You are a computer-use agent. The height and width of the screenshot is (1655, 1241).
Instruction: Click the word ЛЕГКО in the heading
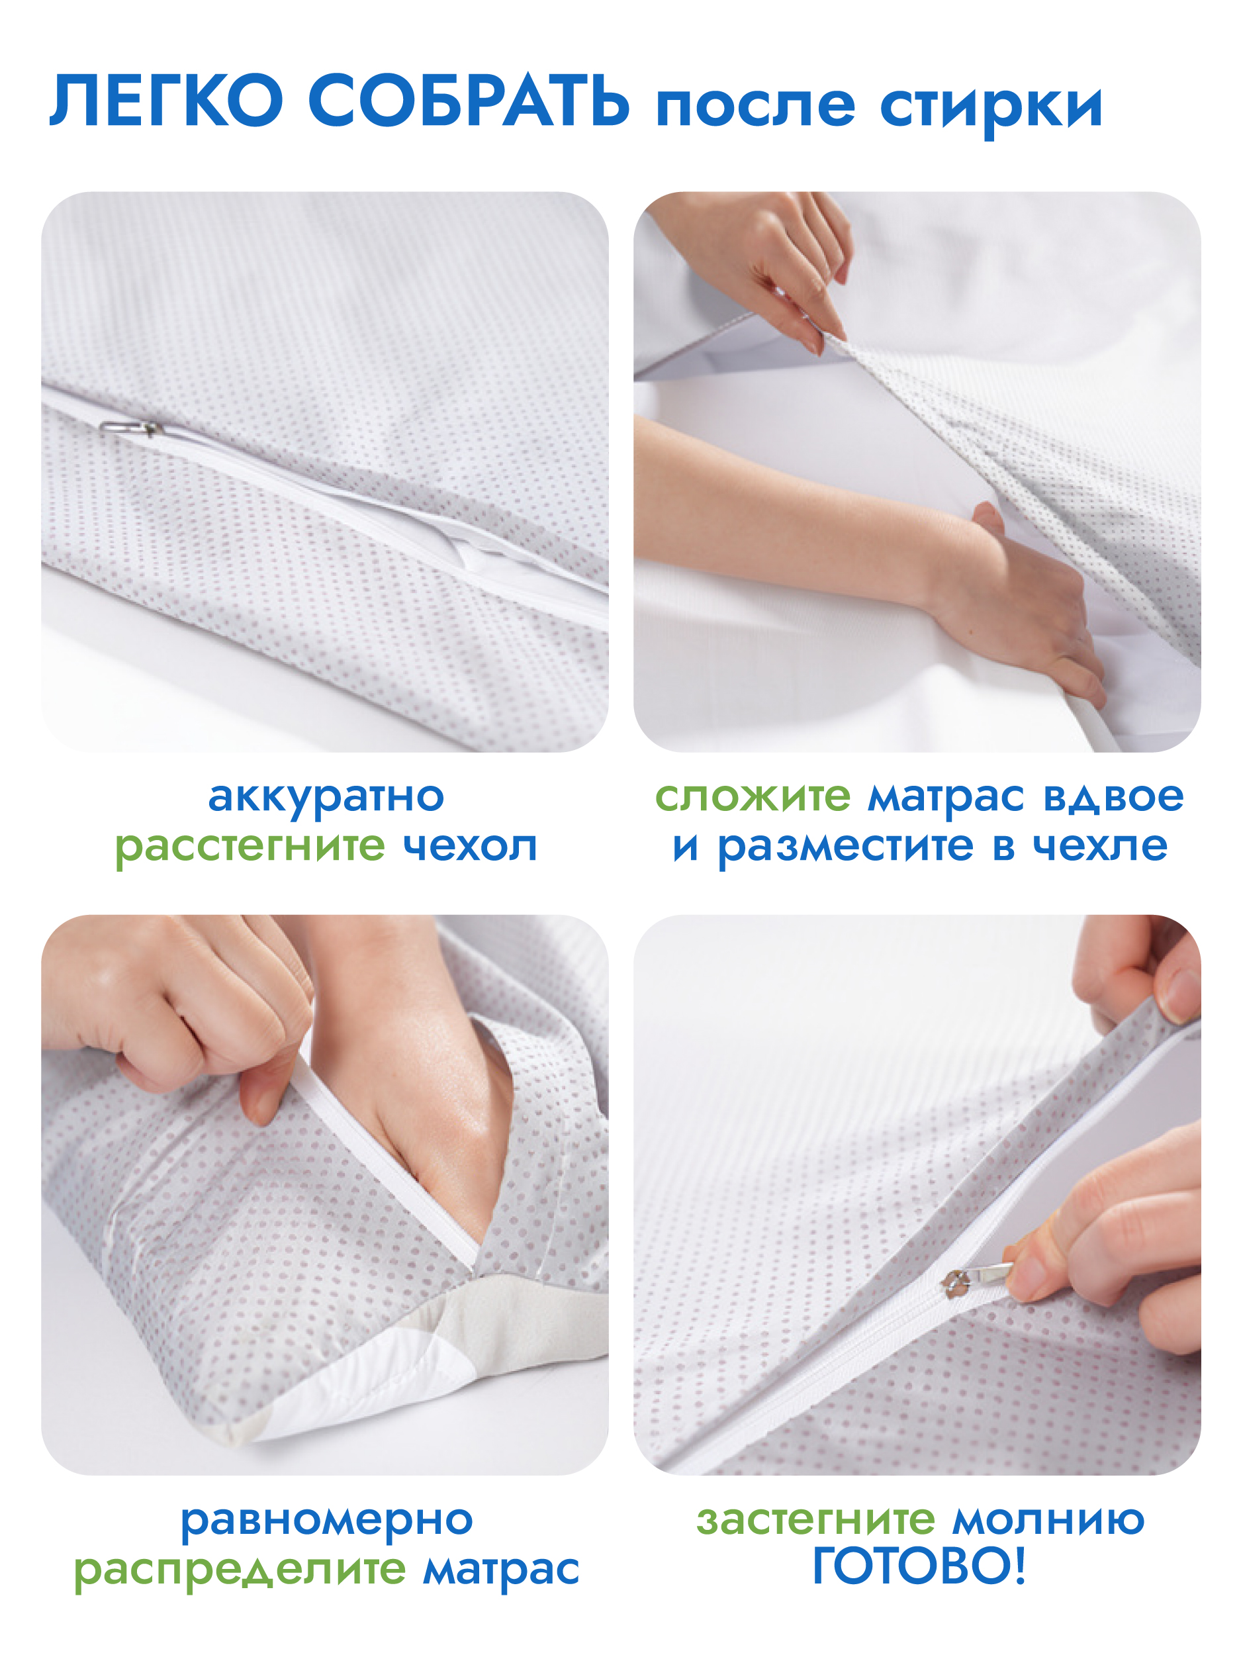point(166,101)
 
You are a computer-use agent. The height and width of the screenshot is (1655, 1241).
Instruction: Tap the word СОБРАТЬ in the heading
point(469,101)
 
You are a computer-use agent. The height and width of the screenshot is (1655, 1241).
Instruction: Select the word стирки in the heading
point(991,109)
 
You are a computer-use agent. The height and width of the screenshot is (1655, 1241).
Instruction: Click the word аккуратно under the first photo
point(326,798)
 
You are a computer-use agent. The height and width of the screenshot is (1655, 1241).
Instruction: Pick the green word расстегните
point(250,848)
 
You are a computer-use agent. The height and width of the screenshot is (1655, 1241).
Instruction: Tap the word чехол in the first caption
point(471,846)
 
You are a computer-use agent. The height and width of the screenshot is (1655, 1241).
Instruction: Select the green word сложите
point(753,797)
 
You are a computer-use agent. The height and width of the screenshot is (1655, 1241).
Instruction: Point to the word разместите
point(846,848)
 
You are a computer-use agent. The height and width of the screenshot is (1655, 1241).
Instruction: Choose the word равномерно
point(327,1521)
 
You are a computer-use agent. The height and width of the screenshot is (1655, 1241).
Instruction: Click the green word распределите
point(240,1570)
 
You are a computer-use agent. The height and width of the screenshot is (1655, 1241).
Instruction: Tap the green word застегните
point(816,1521)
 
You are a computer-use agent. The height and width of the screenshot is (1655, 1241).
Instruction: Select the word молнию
point(1049,1521)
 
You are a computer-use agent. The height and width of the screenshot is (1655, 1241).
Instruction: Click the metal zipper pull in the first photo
point(131,428)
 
